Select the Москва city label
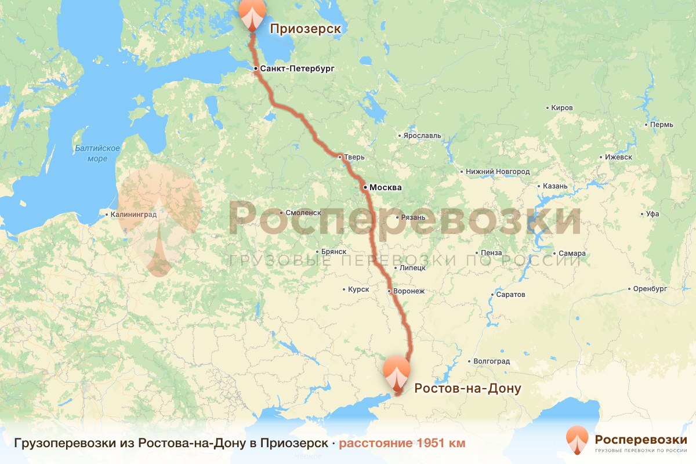coord(385,187)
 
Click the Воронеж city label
coord(409,291)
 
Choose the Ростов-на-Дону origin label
coord(467,388)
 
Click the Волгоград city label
coord(491,361)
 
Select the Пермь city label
coord(662,125)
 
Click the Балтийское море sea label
coord(97,153)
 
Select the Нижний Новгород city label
coord(498,172)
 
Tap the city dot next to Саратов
coord(492,295)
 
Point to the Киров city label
coord(563,108)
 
